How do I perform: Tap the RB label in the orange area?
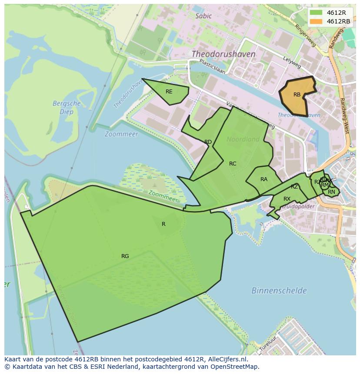tap(297, 95)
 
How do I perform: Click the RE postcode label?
tap(169, 92)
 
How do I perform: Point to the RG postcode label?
tap(125, 256)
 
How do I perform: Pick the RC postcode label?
tap(233, 164)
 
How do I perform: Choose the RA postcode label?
tap(264, 179)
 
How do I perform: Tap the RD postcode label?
tap(208, 142)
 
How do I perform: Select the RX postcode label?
tap(287, 199)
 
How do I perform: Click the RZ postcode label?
tap(294, 187)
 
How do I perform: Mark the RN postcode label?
tap(331, 192)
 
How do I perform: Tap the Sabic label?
tap(203, 16)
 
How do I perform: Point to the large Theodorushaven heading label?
tap(223, 54)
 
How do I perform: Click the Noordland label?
tap(243, 139)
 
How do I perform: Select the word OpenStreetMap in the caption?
tap(235, 367)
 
